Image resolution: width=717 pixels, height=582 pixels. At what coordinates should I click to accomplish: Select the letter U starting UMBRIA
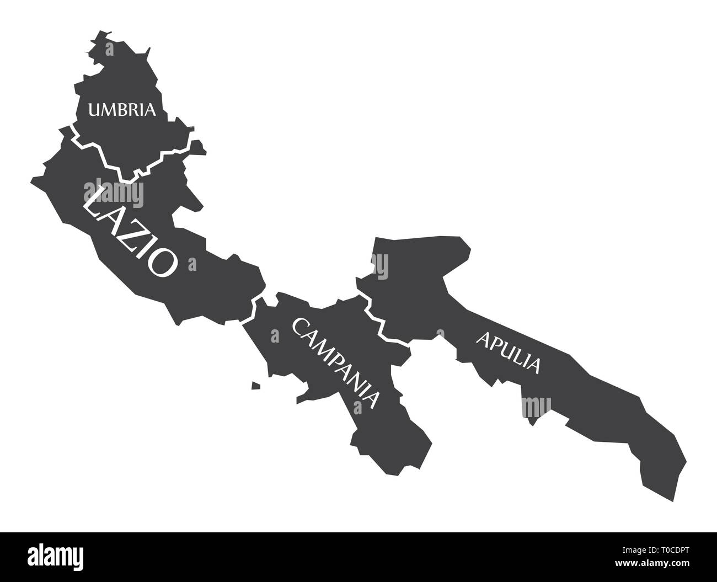[x=95, y=110]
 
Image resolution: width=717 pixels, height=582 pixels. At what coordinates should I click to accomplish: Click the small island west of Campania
[x=256, y=386]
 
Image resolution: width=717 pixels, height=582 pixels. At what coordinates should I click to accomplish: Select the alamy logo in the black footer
[x=61, y=557]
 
